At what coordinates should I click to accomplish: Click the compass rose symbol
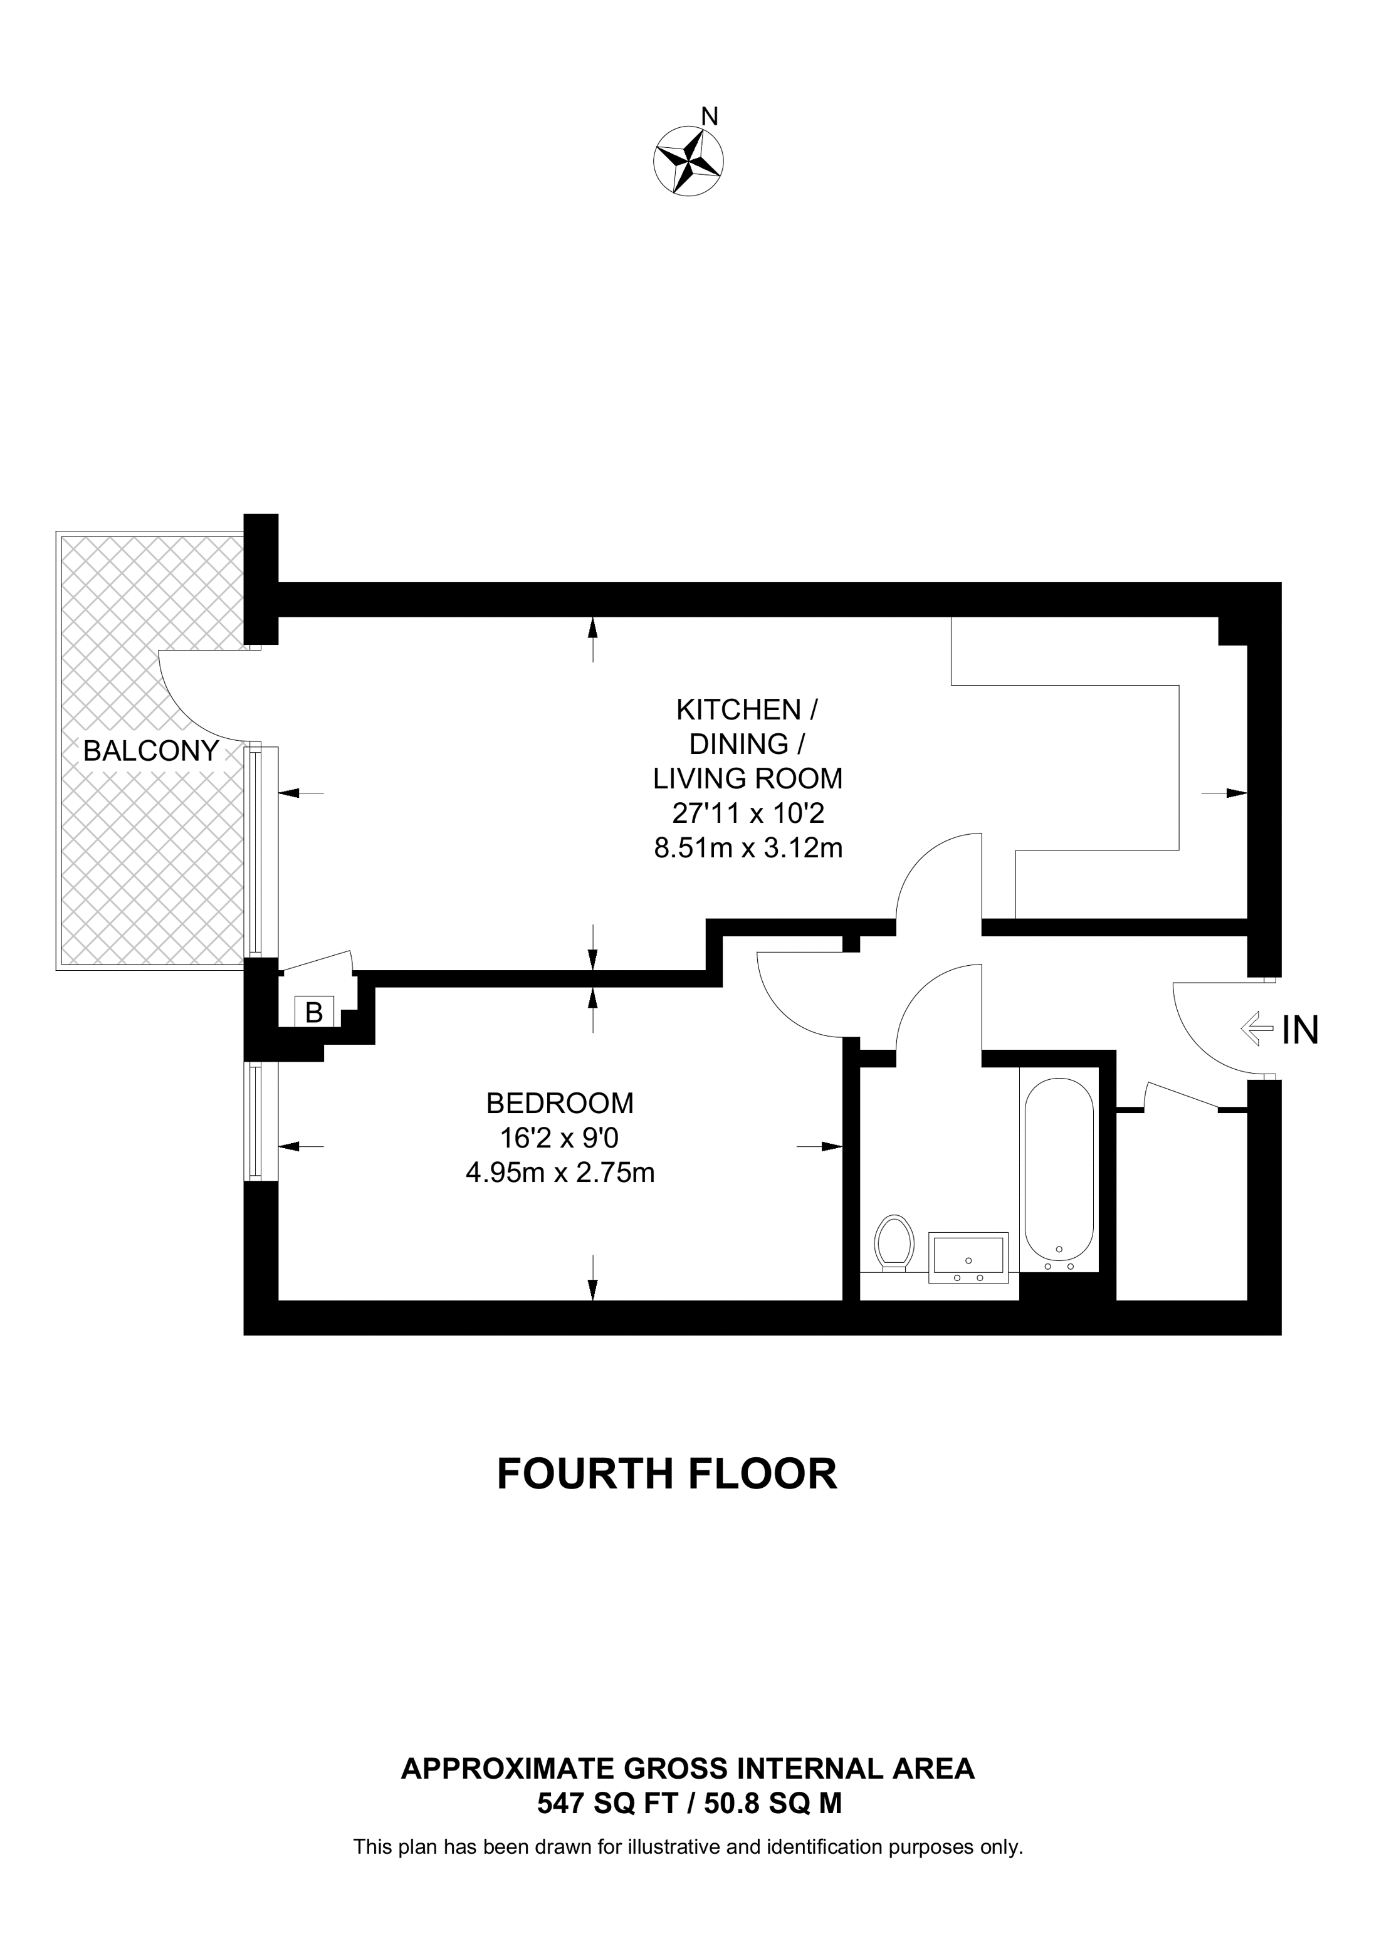pyautogui.click(x=688, y=160)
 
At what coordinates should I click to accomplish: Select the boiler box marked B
pyautogui.click(x=313, y=1012)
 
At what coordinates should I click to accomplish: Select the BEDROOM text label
pyautogui.click(x=559, y=1103)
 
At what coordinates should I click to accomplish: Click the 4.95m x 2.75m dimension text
pyautogui.click(x=559, y=1173)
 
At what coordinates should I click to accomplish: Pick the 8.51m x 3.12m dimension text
pyautogui.click(x=748, y=848)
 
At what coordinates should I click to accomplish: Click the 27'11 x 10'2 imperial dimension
pyautogui.click(x=748, y=813)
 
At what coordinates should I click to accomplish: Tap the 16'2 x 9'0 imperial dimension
pyautogui.click(x=559, y=1138)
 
